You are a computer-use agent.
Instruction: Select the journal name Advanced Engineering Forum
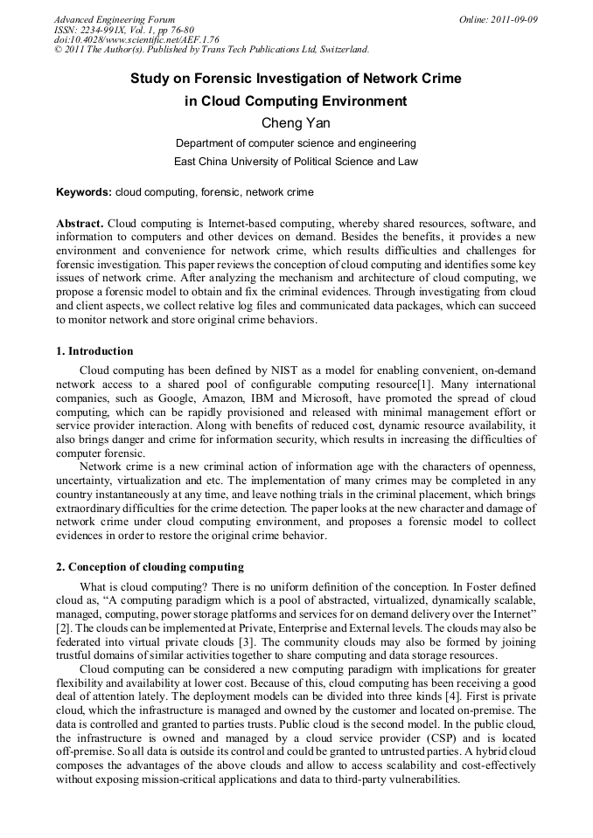pyautogui.click(x=115, y=19)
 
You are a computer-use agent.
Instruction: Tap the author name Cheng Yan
pyautogui.click(x=296, y=123)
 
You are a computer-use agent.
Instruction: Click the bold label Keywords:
pyautogui.click(x=84, y=191)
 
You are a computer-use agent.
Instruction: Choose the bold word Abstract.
pyautogui.click(x=80, y=223)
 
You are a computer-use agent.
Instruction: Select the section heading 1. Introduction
pyautogui.click(x=94, y=351)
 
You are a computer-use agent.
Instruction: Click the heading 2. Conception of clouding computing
pyautogui.click(x=150, y=567)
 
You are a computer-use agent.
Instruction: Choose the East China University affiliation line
pyautogui.click(x=296, y=162)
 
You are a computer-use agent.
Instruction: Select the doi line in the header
pyautogui.click(x=124, y=40)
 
